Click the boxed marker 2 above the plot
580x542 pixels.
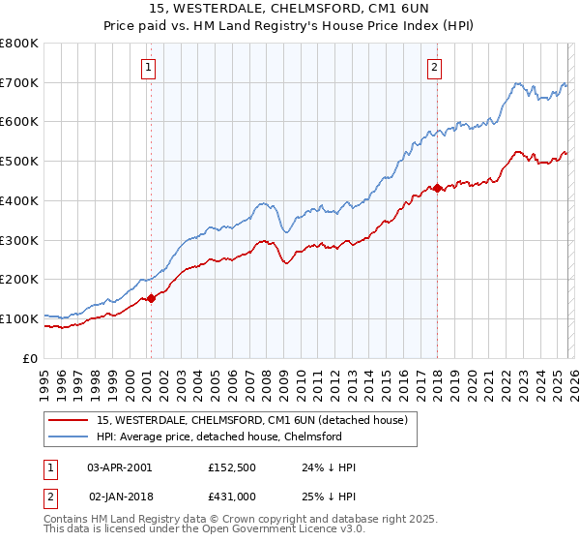click(435, 67)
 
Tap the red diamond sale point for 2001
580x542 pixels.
click(151, 299)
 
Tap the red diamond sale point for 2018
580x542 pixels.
click(437, 188)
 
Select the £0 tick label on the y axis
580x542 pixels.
click(29, 358)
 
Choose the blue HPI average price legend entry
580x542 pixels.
click(218, 437)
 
